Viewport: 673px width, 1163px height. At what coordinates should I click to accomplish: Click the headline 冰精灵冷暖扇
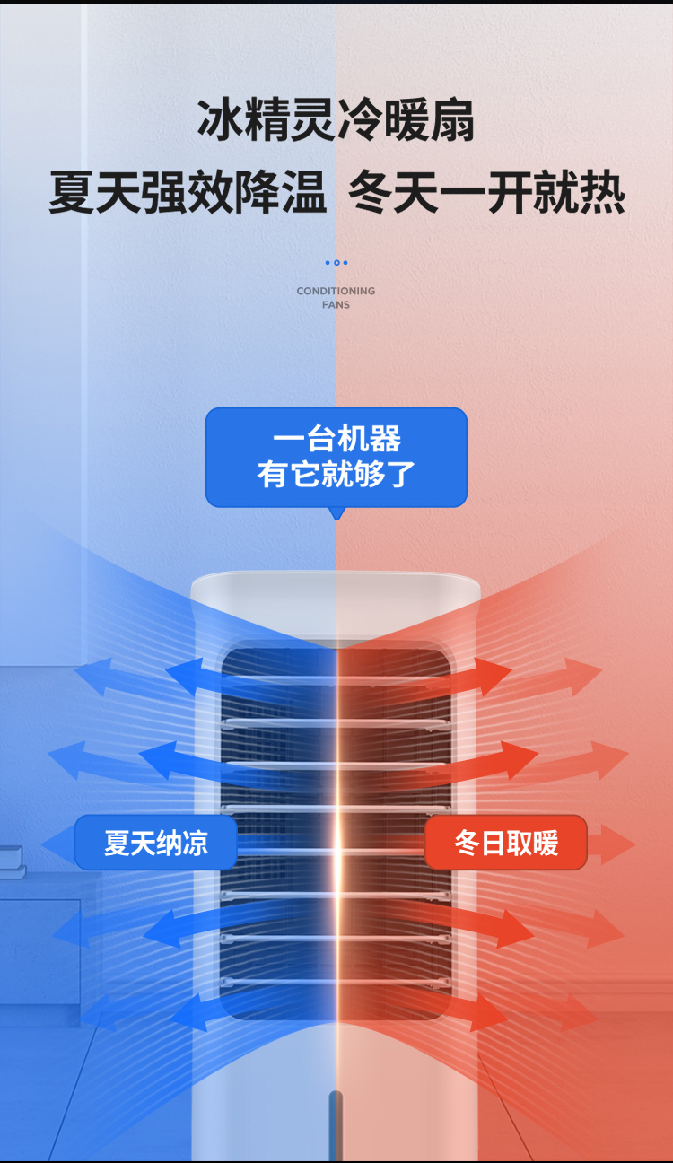(336, 121)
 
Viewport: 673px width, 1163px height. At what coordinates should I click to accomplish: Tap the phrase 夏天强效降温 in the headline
(188, 193)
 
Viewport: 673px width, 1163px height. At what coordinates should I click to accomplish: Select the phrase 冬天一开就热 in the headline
(486, 193)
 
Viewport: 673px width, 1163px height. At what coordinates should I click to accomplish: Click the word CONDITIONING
(336, 291)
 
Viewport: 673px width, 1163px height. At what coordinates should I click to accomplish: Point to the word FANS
(336, 305)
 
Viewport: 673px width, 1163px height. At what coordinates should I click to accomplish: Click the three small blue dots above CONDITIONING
(336, 263)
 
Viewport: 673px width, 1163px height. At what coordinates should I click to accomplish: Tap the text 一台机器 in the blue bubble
(336, 440)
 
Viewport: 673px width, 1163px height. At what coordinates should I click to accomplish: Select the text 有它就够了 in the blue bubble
(336, 474)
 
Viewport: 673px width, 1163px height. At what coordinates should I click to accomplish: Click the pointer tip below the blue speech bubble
(336, 514)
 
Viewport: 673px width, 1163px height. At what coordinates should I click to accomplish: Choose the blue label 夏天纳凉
(155, 843)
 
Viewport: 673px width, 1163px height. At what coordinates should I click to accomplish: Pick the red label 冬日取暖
(506, 843)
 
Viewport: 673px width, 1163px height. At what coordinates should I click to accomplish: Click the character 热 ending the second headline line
(602, 193)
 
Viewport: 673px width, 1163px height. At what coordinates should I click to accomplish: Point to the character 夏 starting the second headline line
(72, 193)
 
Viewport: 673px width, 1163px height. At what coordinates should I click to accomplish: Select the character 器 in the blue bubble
(385, 440)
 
